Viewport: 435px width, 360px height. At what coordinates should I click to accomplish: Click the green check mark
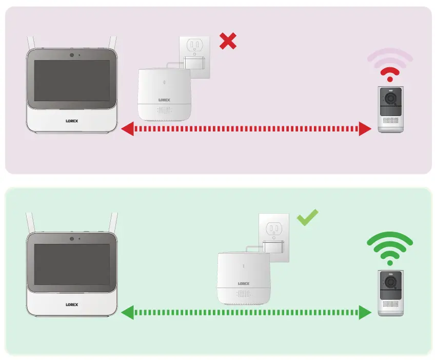pyautogui.click(x=308, y=217)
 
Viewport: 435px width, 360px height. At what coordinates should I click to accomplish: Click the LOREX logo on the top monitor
pyautogui.click(x=72, y=122)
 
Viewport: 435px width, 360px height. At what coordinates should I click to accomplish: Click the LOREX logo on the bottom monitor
pyautogui.click(x=72, y=304)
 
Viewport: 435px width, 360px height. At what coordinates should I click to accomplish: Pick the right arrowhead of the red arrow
pyautogui.click(x=365, y=129)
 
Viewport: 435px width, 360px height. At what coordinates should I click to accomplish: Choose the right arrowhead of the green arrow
pyautogui.click(x=365, y=312)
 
